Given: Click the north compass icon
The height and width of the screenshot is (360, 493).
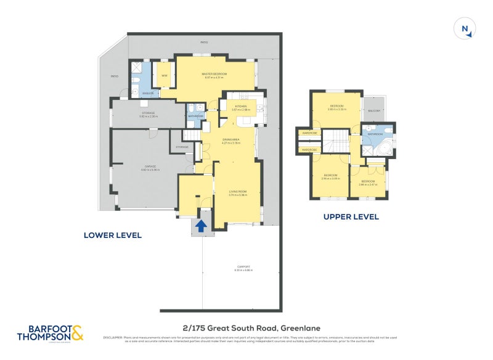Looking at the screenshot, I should [x=465, y=29].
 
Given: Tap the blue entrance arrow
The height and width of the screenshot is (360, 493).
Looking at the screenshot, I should [x=200, y=226].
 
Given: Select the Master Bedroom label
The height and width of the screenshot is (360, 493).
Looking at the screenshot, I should [x=214, y=75].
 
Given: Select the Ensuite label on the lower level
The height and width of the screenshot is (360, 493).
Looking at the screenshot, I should [x=148, y=93].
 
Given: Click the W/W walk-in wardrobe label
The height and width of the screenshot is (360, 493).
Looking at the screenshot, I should [x=165, y=75].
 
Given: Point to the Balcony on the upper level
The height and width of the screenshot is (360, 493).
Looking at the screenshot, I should [x=374, y=111].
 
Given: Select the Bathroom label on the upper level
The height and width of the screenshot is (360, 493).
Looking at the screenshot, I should [x=376, y=134].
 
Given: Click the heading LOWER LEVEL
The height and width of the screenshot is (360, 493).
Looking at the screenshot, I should [x=113, y=235].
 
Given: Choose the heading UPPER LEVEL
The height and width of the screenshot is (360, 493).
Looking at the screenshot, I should [x=351, y=217].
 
